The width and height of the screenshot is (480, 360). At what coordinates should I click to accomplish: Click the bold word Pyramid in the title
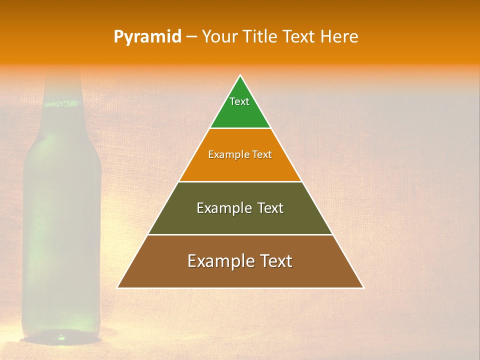pyautogui.click(x=147, y=37)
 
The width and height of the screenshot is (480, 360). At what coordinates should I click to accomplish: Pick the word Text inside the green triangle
pyautogui.click(x=239, y=101)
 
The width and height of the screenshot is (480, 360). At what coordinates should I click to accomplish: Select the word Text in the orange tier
pyautogui.click(x=262, y=154)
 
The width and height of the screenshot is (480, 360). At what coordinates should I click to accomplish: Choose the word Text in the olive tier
pyautogui.click(x=270, y=208)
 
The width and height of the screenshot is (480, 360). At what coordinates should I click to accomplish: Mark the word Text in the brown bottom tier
pyautogui.click(x=275, y=261)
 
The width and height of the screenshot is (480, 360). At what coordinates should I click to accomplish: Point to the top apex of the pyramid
pyautogui.click(x=240, y=76)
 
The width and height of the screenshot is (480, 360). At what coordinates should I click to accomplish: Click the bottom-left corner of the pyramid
pyautogui.click(x=118, y=287)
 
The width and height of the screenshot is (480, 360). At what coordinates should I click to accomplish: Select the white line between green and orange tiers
pyautogui.click(x=240, y=128)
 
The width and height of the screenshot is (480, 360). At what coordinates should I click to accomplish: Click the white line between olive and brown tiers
pyautogui.click(x=240, y=234)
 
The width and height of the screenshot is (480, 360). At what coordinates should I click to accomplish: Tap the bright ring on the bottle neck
pyautogui.click(x=62, y=104)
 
